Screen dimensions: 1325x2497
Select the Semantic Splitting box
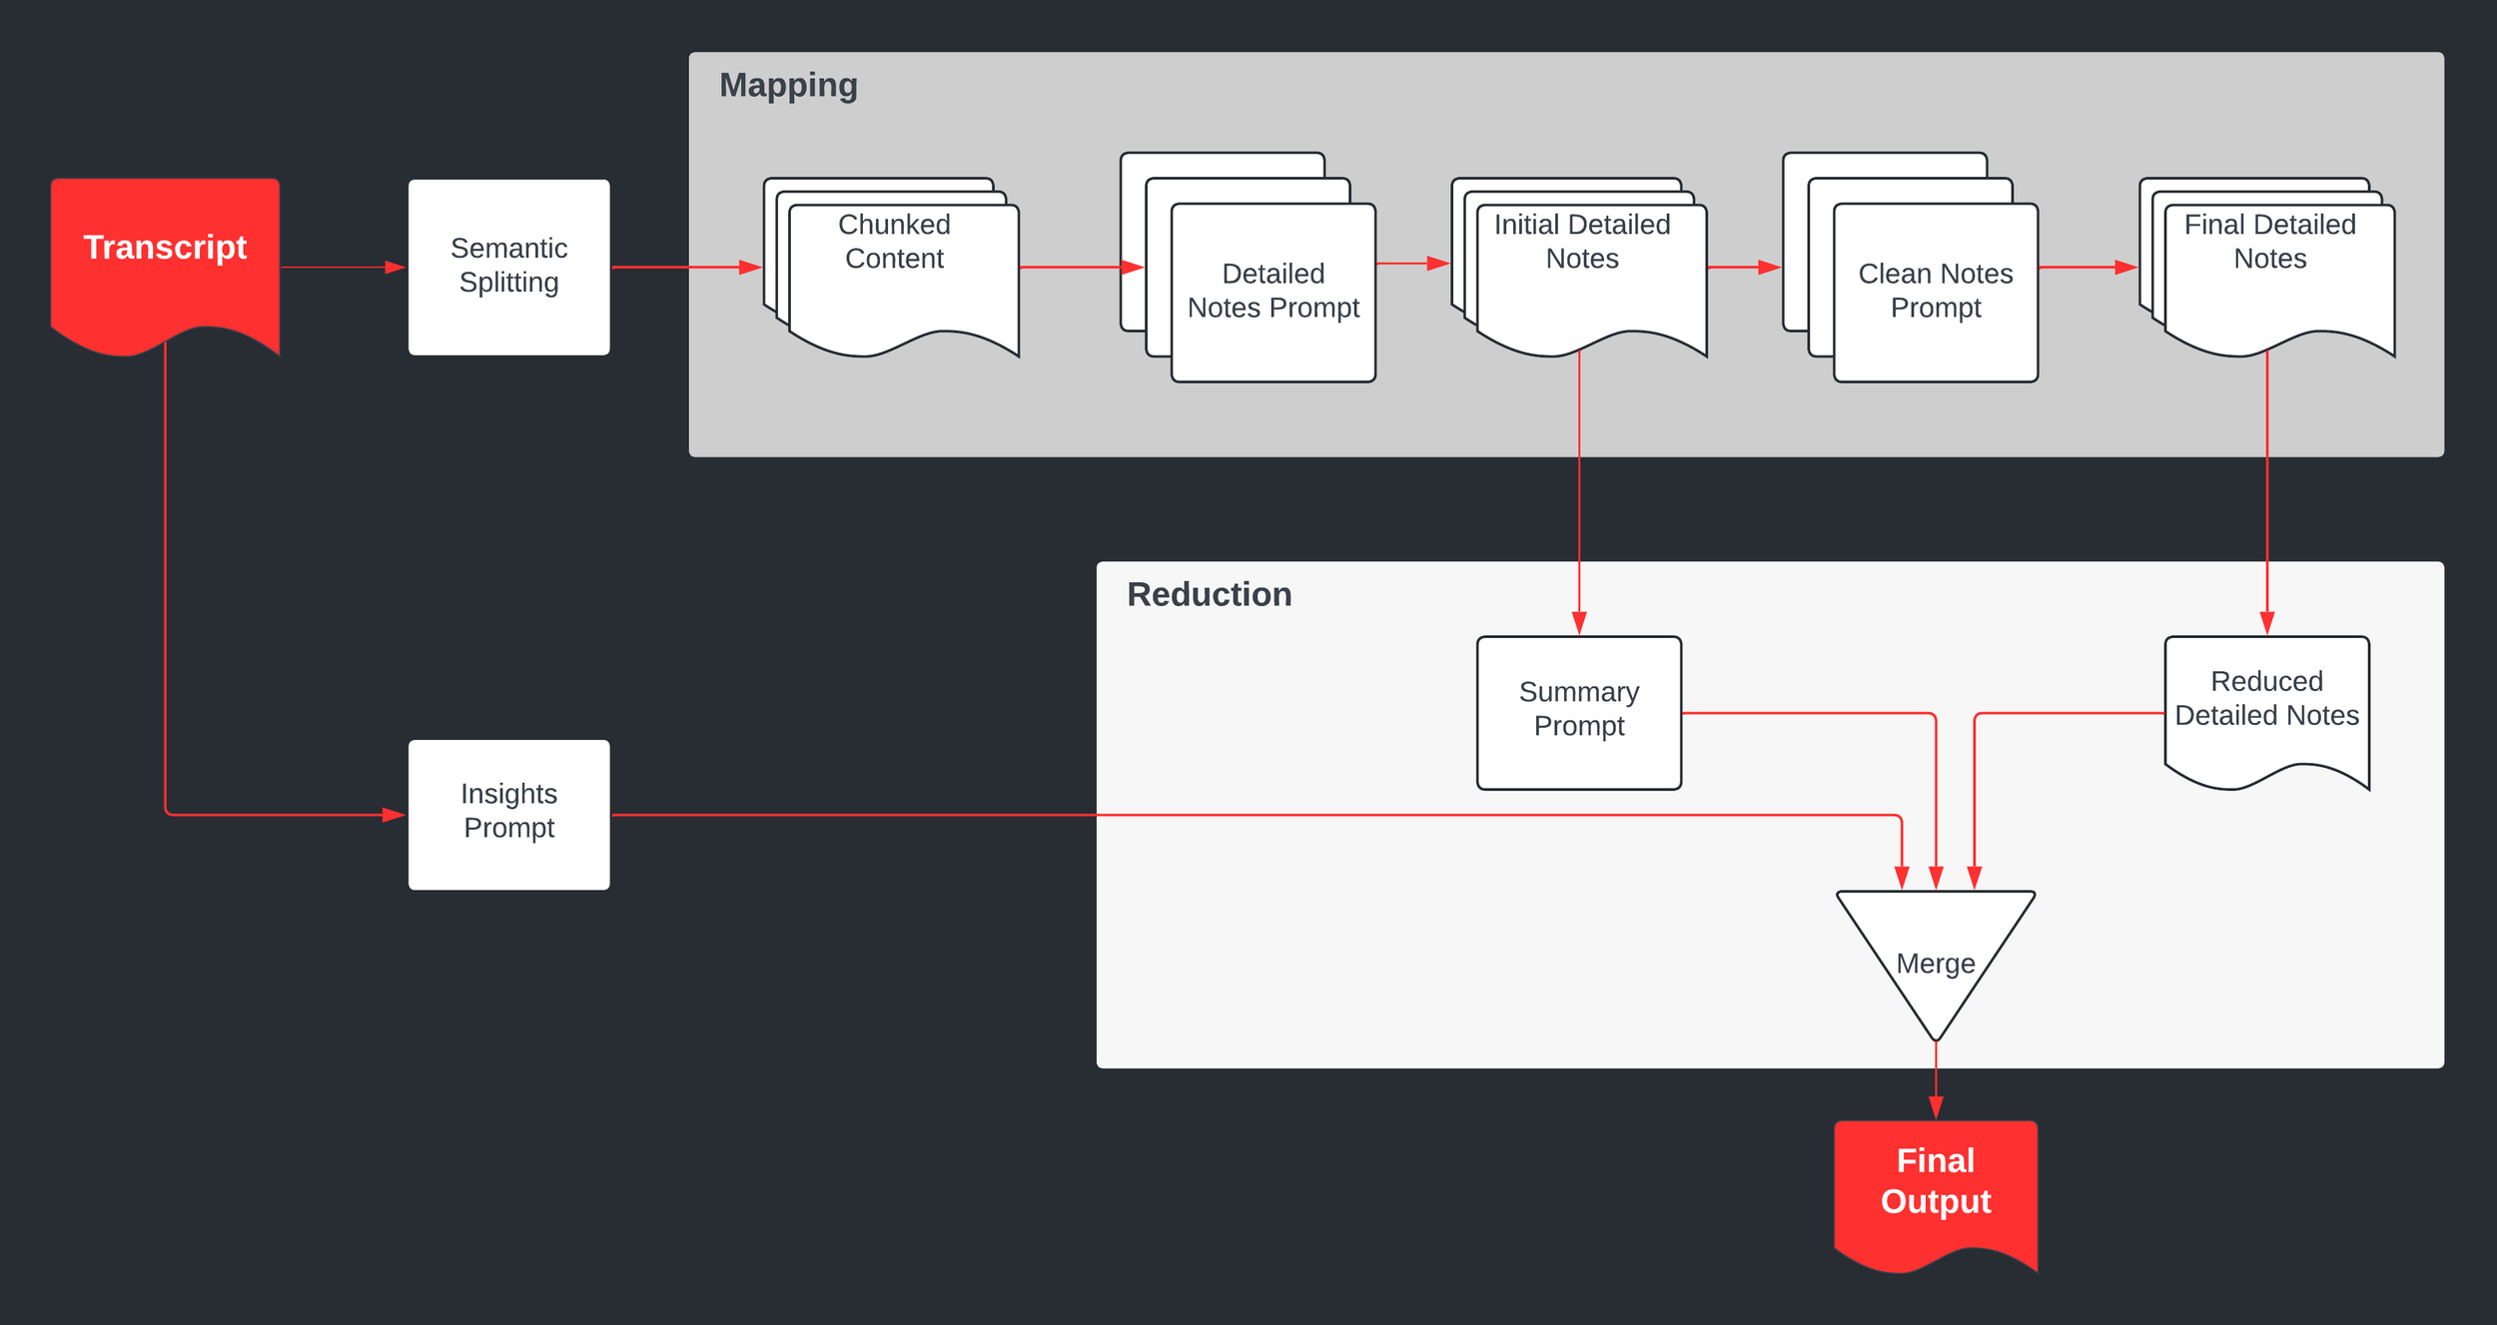[508, 266]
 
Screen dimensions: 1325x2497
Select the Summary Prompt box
[1578, 711]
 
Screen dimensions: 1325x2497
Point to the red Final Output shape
[1935, 1188]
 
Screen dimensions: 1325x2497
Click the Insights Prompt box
[508, 813]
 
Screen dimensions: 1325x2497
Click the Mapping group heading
[788, 86]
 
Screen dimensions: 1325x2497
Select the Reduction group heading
[1209, 594]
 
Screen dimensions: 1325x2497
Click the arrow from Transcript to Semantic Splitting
[340, 267]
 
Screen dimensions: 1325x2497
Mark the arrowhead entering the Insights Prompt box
[395, 815]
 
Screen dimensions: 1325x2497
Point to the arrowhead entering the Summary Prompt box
[1579, 623]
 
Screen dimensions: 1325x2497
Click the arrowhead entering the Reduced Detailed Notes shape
[2267, 623]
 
